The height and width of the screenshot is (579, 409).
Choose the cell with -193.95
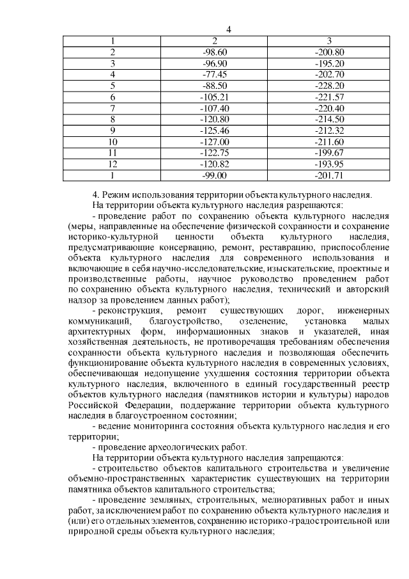(330, 164)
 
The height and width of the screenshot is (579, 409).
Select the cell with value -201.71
(330, 175)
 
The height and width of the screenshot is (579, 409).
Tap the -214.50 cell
(330, 119)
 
